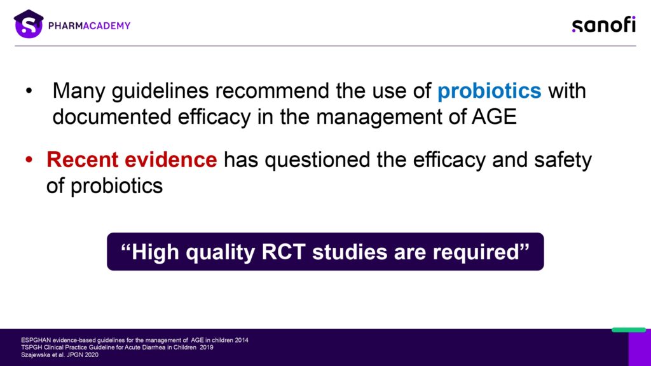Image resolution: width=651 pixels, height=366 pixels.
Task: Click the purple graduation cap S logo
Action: pos(29,24)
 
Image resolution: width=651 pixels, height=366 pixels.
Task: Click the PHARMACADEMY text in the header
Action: pos(89,25)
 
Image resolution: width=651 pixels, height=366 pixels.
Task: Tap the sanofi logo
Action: pos(604,25)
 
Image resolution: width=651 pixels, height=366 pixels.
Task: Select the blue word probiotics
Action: pos(489,91)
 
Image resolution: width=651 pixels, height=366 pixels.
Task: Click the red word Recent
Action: pos(82,159)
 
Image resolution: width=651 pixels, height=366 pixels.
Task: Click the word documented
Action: pos(112,117)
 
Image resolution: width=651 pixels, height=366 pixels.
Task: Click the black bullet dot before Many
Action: pos(29,90)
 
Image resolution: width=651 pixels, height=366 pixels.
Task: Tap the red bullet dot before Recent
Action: pos(29,159)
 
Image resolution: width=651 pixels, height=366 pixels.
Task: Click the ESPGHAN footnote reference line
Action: pos(135,341)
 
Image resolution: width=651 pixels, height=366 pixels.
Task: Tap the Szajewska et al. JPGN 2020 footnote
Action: pos(60,355)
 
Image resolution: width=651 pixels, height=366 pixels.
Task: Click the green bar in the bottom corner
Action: pos(629,330)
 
